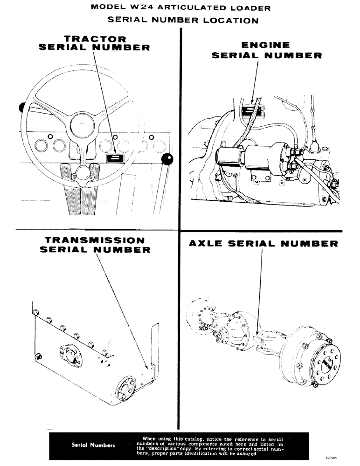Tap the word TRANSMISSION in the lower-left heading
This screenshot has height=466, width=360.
pyautogui.click(x=95, y=240)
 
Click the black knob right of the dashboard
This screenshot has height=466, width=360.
pyautogui.click(x=167, y=160)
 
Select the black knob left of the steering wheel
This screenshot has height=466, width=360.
pyautogui.click(x=21, y=108)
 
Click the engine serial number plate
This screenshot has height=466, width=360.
pyautogui.click(x=253, y=110)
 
